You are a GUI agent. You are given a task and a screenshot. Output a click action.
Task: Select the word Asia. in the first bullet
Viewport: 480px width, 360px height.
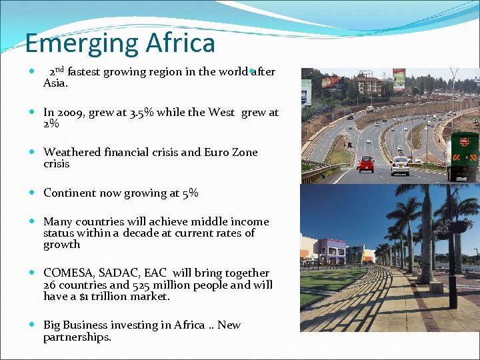pos(55,84)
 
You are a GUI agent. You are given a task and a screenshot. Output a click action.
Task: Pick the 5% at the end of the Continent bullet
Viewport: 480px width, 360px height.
pos(190,193)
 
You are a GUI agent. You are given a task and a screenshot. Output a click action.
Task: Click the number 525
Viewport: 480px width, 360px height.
pos(141,285)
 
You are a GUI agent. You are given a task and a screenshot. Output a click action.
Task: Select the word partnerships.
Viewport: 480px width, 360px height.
pos(77,337)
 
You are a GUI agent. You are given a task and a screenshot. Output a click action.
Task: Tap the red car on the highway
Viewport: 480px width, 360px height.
pos(366,163)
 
